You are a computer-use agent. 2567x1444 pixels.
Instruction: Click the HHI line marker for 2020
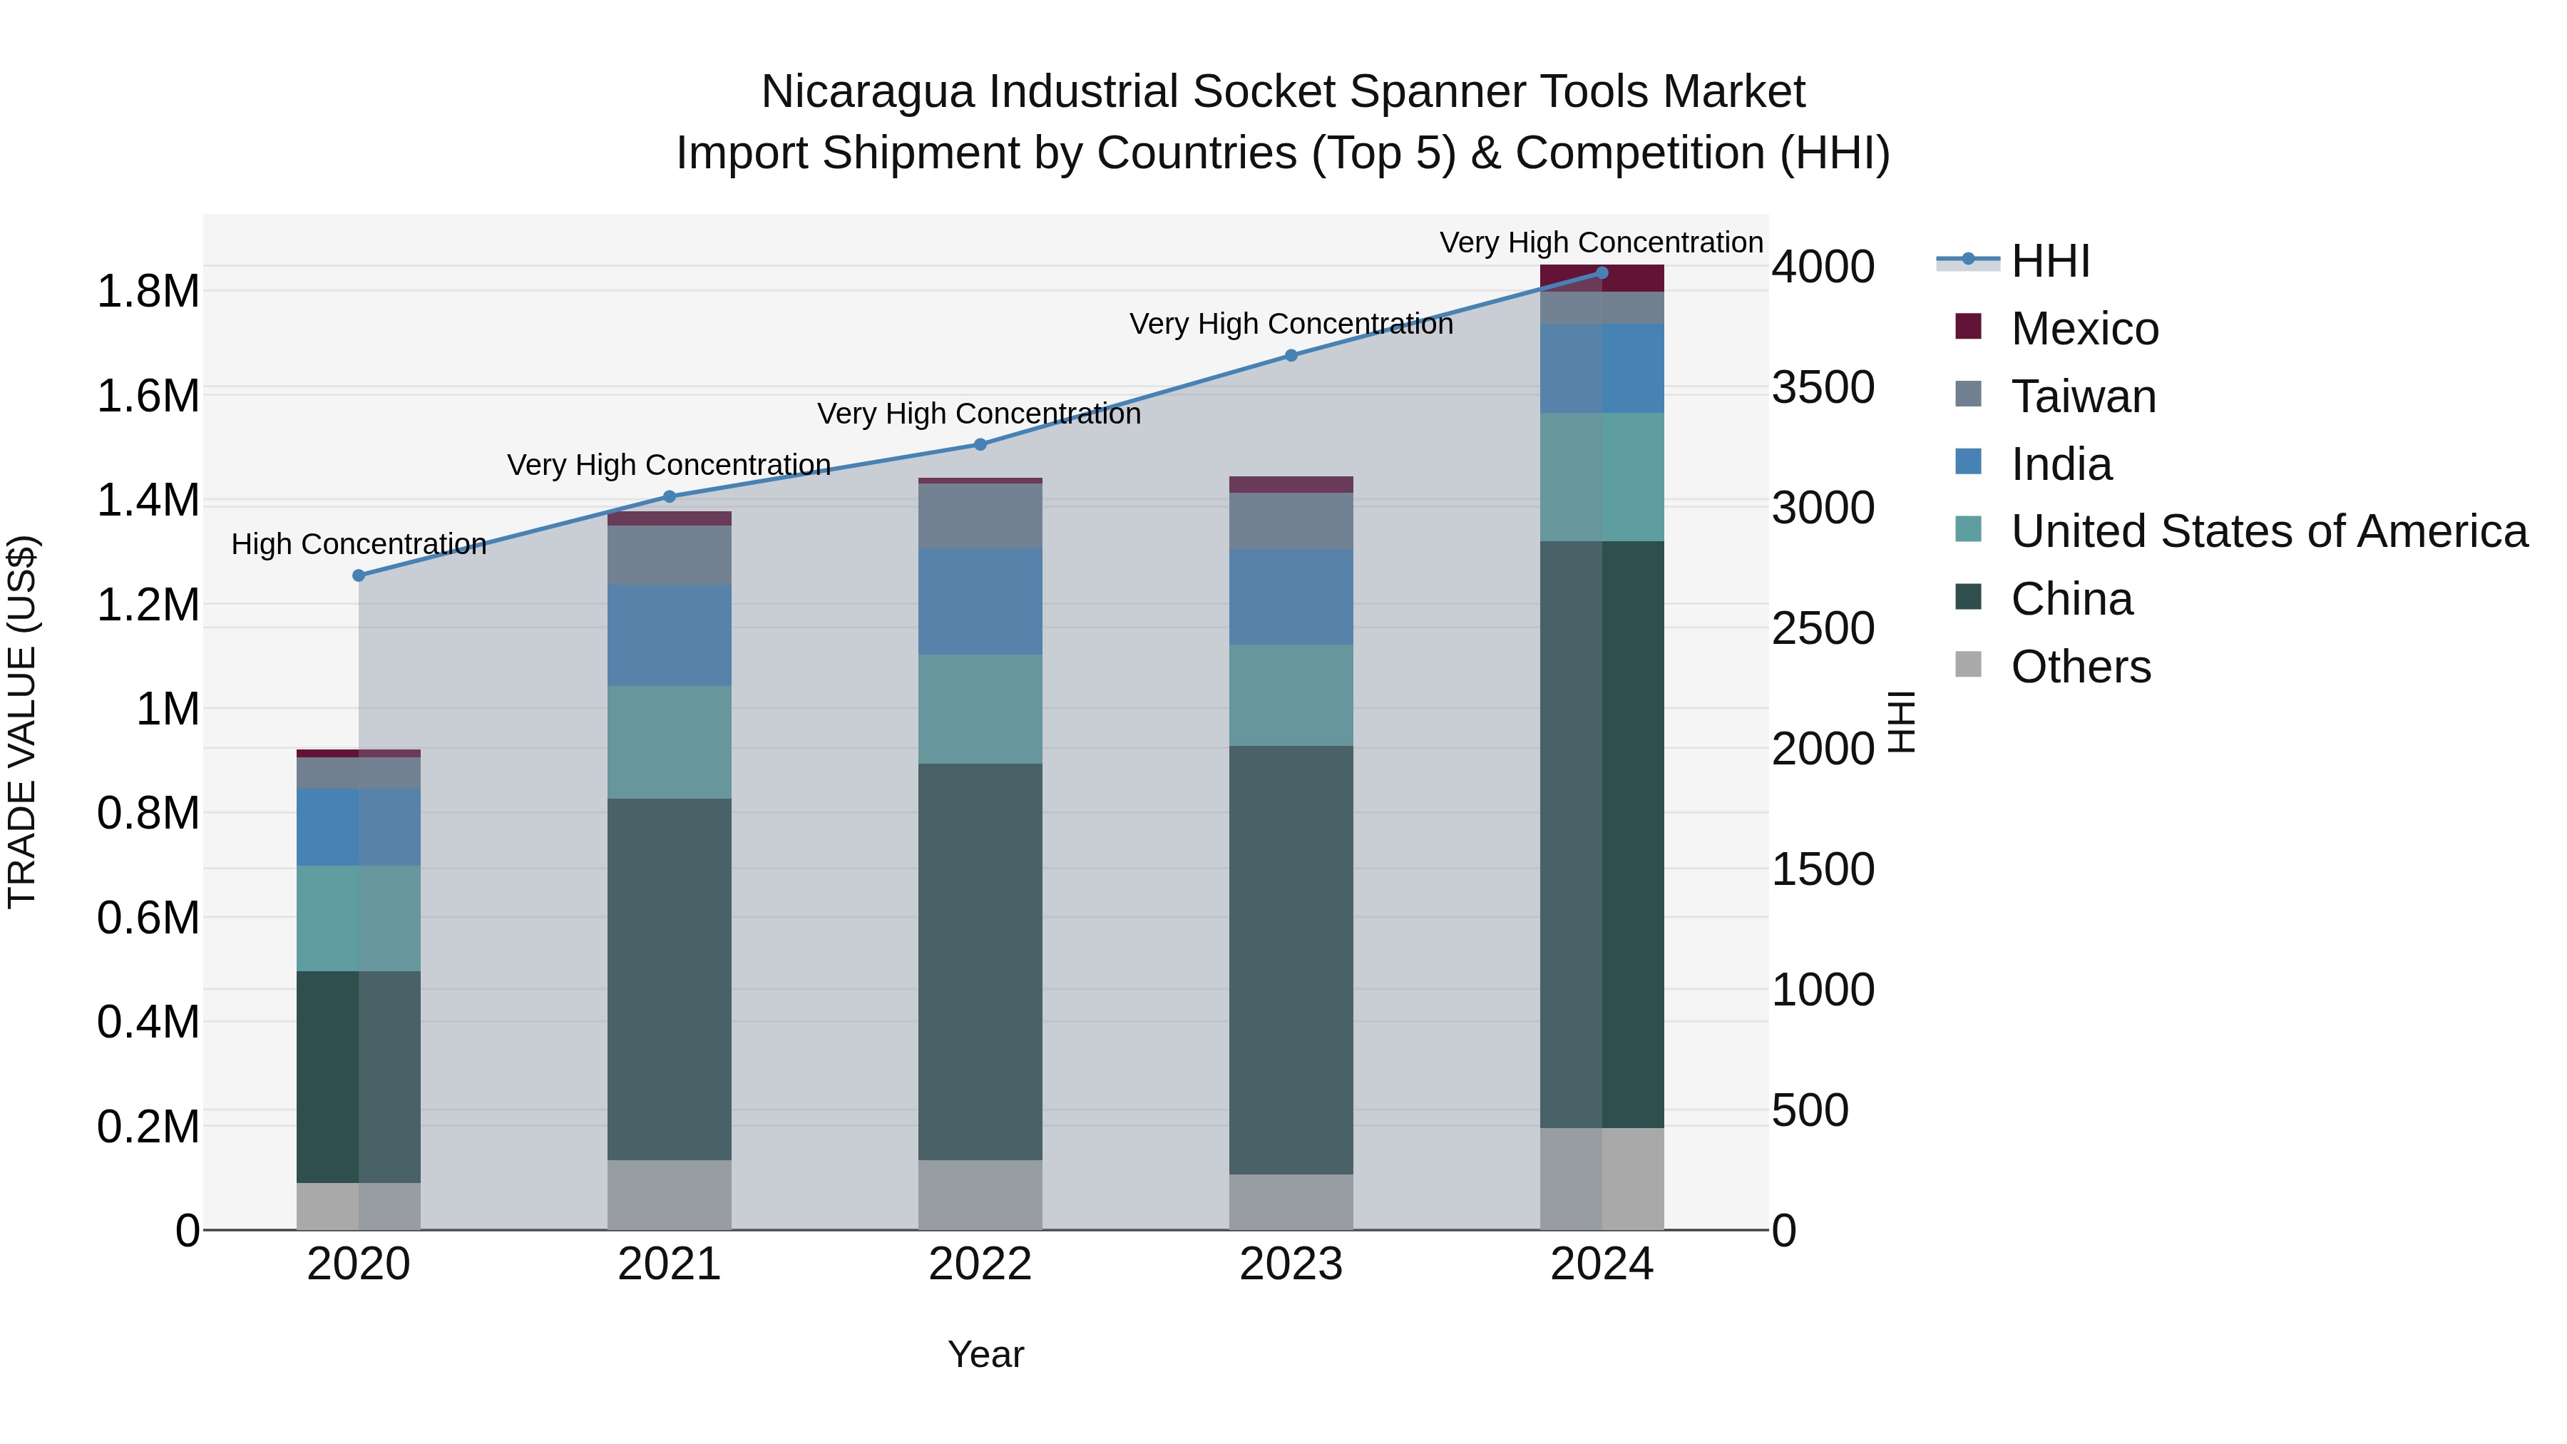click(359, 575)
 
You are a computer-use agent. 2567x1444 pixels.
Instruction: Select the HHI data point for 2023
click(1291, 356)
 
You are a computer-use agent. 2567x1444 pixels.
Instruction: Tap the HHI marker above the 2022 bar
click(980, 444)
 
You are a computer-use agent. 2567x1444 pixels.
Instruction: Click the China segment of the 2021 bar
click(669, 978)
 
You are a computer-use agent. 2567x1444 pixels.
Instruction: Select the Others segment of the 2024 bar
click(1602, 1178)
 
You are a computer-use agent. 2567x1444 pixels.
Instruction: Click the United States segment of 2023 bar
click(1291, 695)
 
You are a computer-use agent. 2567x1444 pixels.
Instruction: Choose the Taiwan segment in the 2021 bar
click(669, 555)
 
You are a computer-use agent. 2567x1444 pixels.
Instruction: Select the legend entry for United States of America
click(2268, 531)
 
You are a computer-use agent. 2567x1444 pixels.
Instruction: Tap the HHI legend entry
click(2050, 261)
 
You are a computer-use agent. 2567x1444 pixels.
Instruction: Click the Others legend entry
click(2080, 667)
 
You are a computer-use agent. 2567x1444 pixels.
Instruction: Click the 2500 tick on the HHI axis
click(1823, 629)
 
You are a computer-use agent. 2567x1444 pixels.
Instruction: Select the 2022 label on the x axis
click(980, 1264)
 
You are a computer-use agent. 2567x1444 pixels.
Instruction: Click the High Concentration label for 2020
click(359, 544)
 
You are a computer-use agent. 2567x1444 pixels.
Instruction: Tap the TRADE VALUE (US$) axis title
click(22, 722)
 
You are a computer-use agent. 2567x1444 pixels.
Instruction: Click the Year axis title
click(985, 1354)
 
